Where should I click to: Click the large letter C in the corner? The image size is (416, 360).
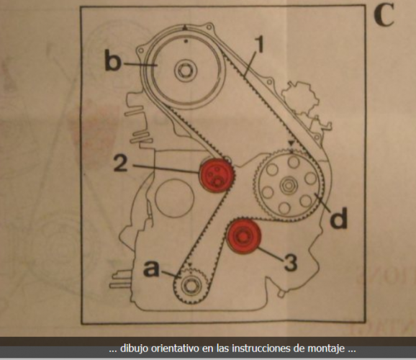[x=384, y=15]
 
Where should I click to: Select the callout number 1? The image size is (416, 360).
[x=260, y=45]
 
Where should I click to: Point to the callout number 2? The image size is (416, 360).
[x=121, y=163]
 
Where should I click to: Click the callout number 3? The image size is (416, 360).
[x=290, y=262]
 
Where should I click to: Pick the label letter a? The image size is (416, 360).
[x=152, y=269]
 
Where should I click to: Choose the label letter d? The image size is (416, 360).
[x=339, y=218]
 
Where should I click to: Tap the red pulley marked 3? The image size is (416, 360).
[x=243, y=237]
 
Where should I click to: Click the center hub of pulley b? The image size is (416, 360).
[x=186, y=71]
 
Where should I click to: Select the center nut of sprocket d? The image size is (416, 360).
[x=288, y=185]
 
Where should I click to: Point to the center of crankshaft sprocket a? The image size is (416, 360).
[x=191, y=286]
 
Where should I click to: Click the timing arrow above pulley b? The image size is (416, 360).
[x=186, y=27]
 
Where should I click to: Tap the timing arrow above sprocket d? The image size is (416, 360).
[x=292, y=143]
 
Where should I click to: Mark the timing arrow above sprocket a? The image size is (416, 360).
[x=190, y=265]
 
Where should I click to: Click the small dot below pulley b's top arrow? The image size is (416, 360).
[x=186, y=41]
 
